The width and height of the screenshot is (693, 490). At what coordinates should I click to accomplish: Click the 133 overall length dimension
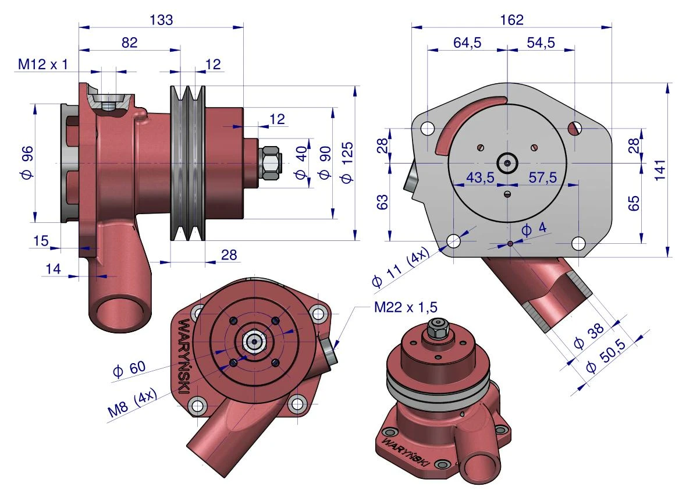click(161, 20)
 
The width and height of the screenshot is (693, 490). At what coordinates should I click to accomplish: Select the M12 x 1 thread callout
click(43, 65)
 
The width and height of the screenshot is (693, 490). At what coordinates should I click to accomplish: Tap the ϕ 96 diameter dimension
click(27, 162)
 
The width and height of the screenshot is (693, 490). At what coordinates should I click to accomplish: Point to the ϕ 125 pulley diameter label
click(347, 162)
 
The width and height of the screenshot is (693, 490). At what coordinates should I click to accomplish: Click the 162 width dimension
click(512, 20)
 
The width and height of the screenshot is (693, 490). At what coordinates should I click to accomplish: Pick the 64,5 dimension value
click(467, 43)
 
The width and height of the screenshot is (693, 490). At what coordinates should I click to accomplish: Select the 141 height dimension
click(660, 170)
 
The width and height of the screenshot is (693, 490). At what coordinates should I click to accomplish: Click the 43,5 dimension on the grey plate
click(481, 177)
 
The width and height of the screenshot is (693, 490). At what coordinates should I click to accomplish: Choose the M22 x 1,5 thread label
click(406, 307)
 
